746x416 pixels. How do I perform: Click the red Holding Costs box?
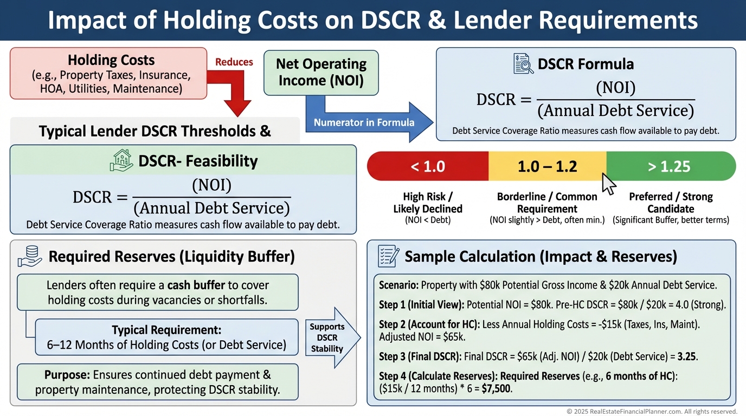[x=108, y=73]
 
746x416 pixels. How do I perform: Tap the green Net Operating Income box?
[x=321, y=73]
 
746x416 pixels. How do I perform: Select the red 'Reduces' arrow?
[x=237, y=89]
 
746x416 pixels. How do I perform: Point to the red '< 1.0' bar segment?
[x=428, y=166]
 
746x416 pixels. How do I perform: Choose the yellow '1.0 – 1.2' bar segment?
[x=547, y=166]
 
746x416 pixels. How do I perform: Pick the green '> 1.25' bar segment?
[x=670, y=166]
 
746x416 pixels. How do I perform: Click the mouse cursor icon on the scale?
[x=609, y=183]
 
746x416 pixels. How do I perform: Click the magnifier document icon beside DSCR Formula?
[x=523, y=64]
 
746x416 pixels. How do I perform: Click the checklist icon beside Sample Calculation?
[x=388, y=256]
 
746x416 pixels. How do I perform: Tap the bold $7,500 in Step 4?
[x=497, y=388]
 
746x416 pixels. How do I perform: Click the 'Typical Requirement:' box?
[x=166, y=337]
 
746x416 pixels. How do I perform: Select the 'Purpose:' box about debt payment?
[x=157, y=382]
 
